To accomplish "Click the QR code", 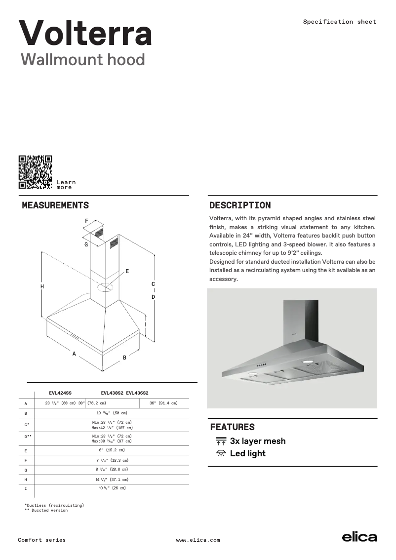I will tap(35, 172).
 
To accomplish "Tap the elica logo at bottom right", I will tap(359, 537).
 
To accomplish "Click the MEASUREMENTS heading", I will tap(55, 205).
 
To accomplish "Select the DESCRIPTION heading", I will tap(240, 205).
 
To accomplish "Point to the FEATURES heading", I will tap(233, 427).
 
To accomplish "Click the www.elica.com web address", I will tap(198, 540).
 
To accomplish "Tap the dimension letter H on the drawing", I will tap(42, 286).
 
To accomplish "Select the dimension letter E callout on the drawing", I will tap(127, 271).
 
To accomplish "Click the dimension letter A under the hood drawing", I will tap(74, 354).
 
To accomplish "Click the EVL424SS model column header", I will tap(60, 393).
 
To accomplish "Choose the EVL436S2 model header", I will tap(137, 393).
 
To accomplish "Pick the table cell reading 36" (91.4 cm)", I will tap(163, 403).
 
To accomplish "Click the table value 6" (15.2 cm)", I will tap(112, 450).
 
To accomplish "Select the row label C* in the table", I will tap(27, 425).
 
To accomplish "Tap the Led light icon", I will tap(221, 453).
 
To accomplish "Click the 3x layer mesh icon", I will tap(221, 441).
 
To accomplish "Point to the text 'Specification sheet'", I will tap(339, 22).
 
